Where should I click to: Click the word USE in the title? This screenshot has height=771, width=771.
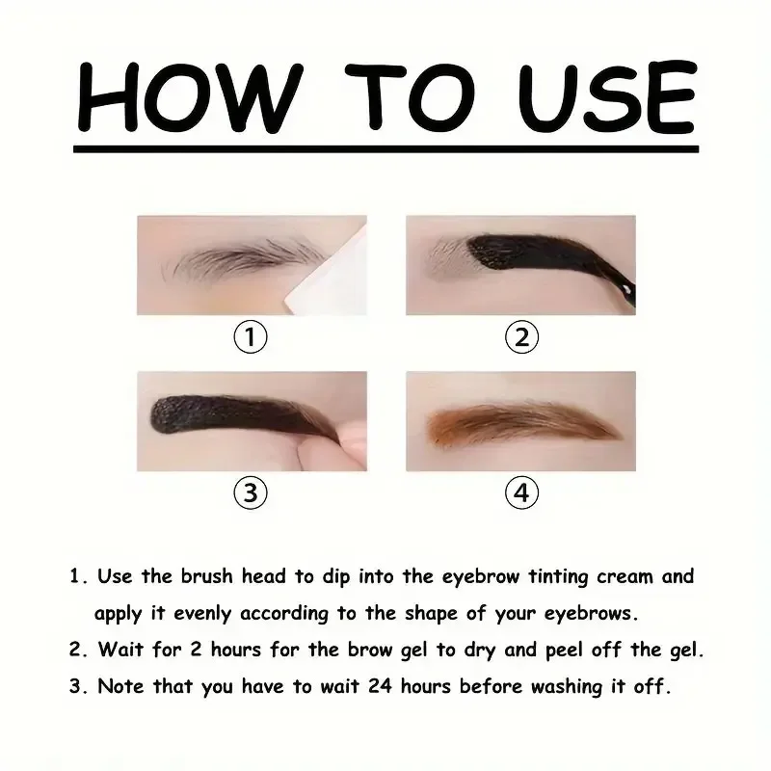pos(608,96)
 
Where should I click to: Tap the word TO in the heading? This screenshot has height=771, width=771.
pos(411,96)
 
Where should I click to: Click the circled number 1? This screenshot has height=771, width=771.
pos(251,336)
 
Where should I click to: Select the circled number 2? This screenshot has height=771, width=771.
pos(521,336)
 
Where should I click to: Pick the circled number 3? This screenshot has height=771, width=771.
pos(251,492)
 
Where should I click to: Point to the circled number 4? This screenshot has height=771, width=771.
pos(521,492)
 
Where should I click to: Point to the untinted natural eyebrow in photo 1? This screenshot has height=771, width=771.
pos(244,258)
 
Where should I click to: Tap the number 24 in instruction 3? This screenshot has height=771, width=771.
pos(380,686)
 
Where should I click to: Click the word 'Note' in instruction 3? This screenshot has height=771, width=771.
pos(120,686)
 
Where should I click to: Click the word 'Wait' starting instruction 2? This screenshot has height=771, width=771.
pos(120,650)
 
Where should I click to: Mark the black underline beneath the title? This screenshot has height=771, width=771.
pos(386,148)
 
